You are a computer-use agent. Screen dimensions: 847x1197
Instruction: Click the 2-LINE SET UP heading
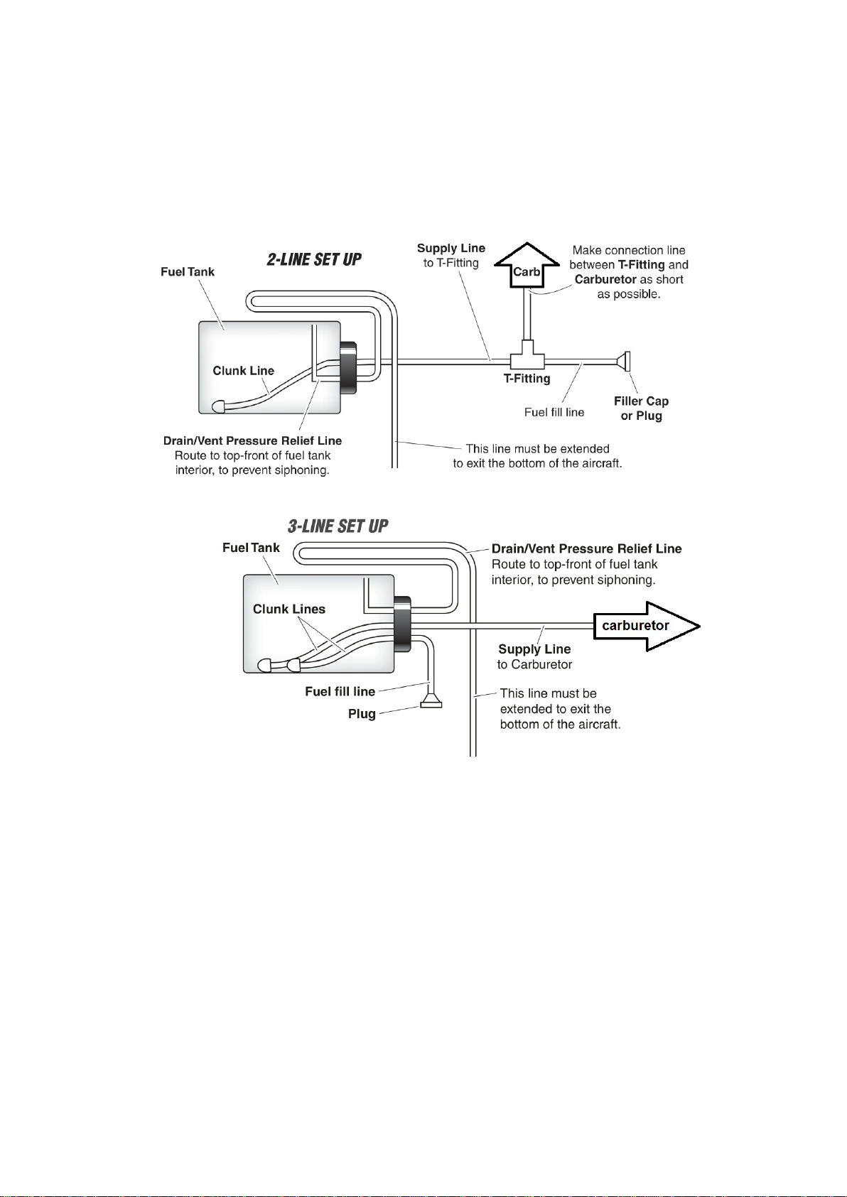(x=314, y=260)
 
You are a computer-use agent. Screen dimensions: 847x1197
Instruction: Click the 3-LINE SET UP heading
(x=338, y=526)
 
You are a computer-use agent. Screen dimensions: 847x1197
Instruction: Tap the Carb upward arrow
(x=527, y=266)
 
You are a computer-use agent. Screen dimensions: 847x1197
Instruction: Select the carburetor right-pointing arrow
(x=647, y=627)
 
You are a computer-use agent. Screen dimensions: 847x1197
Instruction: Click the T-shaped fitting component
(x=527, y=357)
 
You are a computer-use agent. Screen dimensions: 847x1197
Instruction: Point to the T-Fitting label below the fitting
(x=527, y=379)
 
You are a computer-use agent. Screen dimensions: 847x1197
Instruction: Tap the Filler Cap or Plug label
(x=641, y=408)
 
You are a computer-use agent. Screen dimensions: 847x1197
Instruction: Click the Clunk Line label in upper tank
(x=243, y=371)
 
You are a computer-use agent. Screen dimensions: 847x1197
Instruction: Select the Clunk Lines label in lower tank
(x=289, y=610)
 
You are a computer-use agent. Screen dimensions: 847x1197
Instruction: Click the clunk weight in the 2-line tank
(x=219, y=406)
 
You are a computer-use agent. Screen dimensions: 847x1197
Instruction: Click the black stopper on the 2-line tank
(x=348, y=367)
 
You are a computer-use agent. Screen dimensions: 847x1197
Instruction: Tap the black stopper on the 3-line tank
(x=402, y=624)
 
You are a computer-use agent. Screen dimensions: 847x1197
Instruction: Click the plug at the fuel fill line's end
(x=431, y=701)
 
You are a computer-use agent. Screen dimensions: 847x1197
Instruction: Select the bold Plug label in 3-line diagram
(x=362, y=714)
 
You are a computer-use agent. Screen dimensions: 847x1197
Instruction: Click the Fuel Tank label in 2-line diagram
(x=188, y=272)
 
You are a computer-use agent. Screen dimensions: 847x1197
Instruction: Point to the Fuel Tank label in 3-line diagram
(x=251, y=548)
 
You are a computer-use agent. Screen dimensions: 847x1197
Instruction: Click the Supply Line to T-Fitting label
(x=451, y=256)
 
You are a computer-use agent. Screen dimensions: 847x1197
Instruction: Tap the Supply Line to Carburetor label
(x=534, y=656)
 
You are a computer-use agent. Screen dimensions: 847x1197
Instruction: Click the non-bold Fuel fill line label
(x=554, y=413)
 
